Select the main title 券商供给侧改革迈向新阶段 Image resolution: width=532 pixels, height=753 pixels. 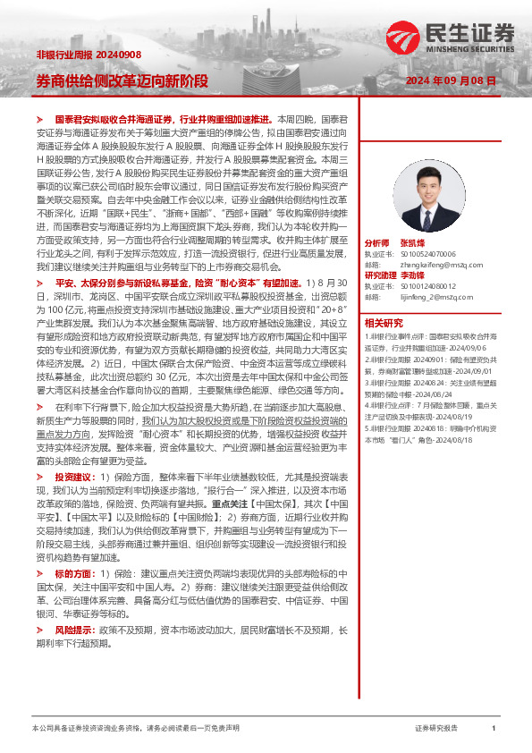coord(121,80)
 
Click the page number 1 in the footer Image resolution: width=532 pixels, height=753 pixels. coord(494,729)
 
